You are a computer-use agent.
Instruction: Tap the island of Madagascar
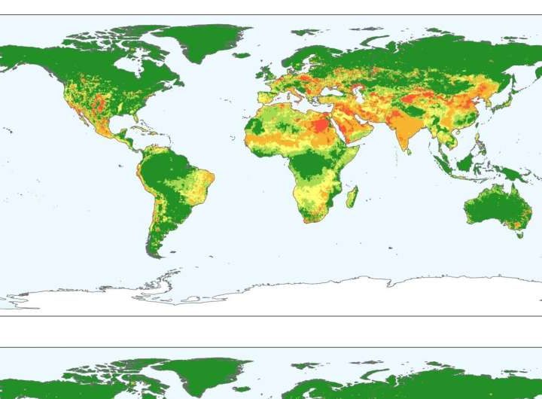pyautogui.click(x=351, y=197)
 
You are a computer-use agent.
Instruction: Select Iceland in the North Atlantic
pyautogui.click(x=241, y=54)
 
